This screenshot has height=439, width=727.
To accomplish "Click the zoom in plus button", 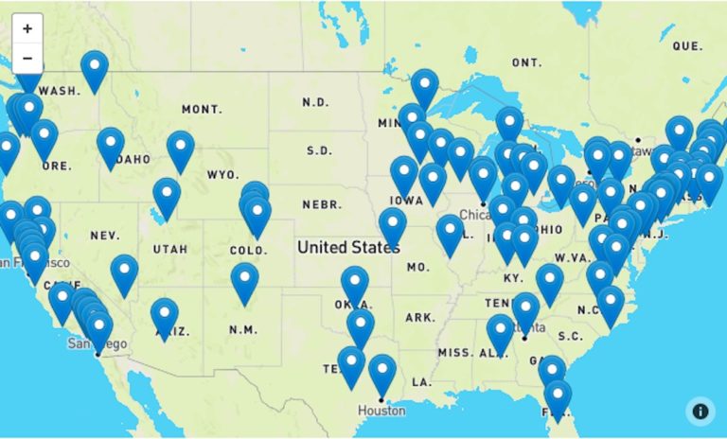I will [27, 28].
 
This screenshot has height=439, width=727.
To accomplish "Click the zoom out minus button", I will [27, 58].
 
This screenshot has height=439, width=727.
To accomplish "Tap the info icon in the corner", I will [700, 411].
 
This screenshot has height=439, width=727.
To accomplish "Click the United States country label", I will [347, 248].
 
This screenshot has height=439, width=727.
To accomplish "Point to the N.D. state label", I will [316, 102].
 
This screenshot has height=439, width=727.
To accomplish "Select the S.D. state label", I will [319, 150].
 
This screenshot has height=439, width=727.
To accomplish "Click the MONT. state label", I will [201, 110].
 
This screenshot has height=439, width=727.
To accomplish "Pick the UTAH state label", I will [169, 250].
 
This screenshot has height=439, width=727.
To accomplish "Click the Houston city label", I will [381, 411].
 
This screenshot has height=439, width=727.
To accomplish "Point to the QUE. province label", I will [687, 45].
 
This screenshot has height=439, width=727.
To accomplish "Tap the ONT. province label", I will [526, 62].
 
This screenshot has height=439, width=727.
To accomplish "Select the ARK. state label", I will [419, 317].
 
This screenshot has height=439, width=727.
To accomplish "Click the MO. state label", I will [417, 268].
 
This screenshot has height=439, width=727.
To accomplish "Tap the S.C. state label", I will [569, 336].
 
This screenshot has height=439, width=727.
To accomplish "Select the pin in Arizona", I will [165, 315].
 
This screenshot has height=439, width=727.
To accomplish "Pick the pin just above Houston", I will [382, 372].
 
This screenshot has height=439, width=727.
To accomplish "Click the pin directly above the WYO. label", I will [181, 148].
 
